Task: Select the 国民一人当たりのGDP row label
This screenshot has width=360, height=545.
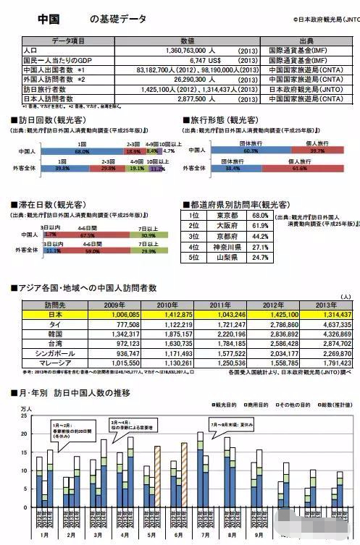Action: coord(43,62)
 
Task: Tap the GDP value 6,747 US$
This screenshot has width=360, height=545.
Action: coord(191,62)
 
